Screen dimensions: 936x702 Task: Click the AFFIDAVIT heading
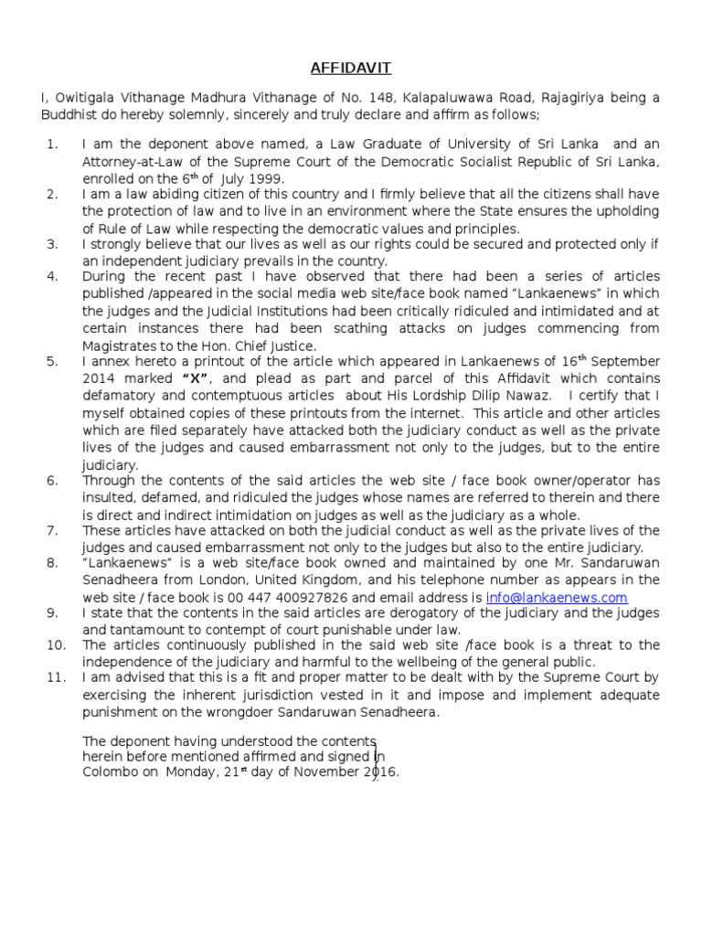tap(350, 67)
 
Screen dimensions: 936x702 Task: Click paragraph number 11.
tap(52, 678)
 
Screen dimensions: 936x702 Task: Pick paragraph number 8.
tap(52, 564)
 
